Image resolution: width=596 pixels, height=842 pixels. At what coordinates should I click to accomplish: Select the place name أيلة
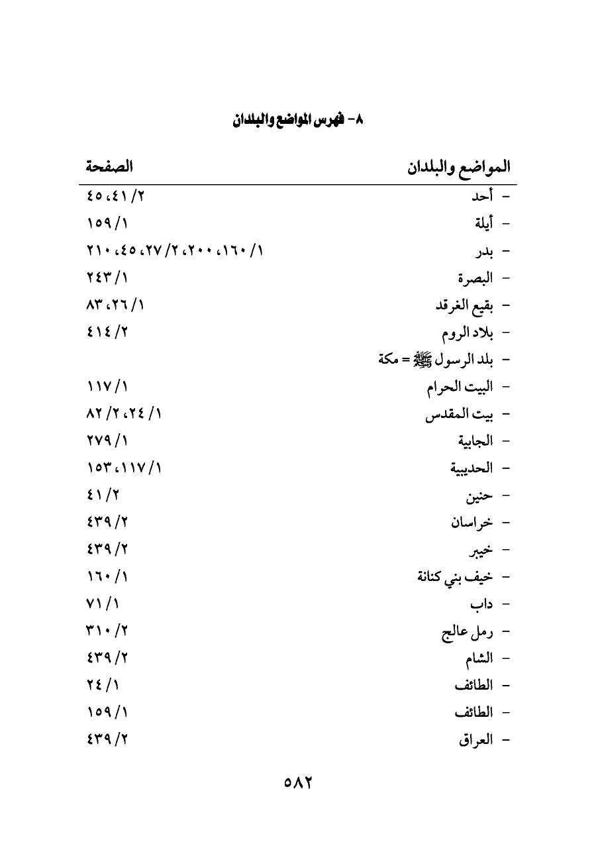click(x=481, y=224)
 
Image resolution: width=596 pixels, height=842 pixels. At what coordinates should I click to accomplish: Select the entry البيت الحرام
click(x=460, y=387)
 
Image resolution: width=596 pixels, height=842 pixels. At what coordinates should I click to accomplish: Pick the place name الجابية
click(x=475, y=441)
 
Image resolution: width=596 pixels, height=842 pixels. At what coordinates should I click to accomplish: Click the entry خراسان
click(x=472, y=523)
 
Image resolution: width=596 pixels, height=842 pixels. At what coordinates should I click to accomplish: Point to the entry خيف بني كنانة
click(x=455, y=577)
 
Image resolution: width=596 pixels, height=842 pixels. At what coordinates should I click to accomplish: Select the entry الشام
click(x=479, y=659)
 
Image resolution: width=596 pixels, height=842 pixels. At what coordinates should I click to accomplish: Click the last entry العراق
click(x=475, y=741)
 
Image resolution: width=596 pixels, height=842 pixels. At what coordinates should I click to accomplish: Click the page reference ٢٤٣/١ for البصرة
click(x=107, y=278)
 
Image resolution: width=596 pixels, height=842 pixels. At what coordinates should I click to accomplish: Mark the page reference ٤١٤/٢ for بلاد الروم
click(x=107, y=333)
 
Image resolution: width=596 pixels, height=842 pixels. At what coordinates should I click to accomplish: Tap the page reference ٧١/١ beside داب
click(x=103, y=604)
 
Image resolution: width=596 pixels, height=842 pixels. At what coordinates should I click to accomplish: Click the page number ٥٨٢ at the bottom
click(x=297, y=782)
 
